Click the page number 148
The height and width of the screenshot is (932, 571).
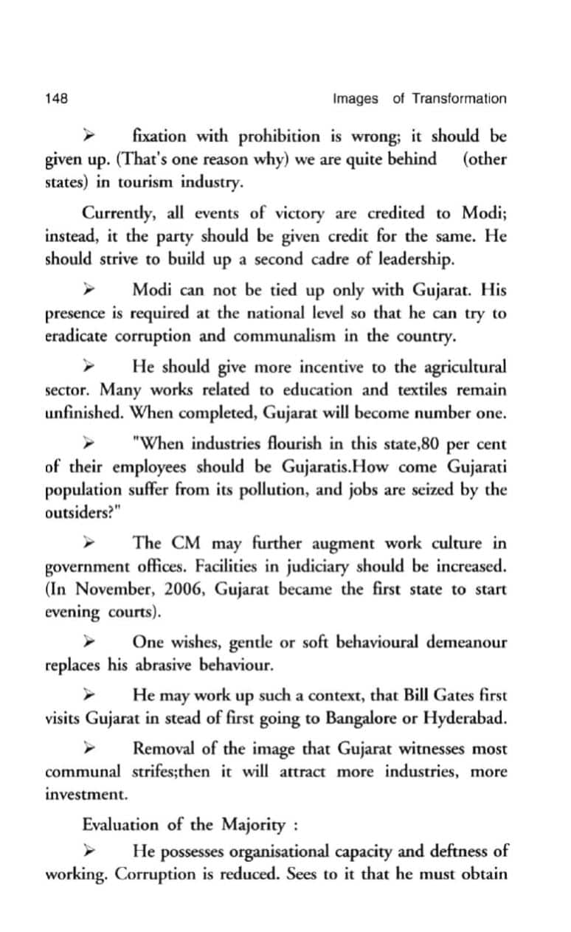point(57,99)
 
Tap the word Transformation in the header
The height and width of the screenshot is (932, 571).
point(459,99)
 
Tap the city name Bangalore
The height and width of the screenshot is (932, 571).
point(363,718)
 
